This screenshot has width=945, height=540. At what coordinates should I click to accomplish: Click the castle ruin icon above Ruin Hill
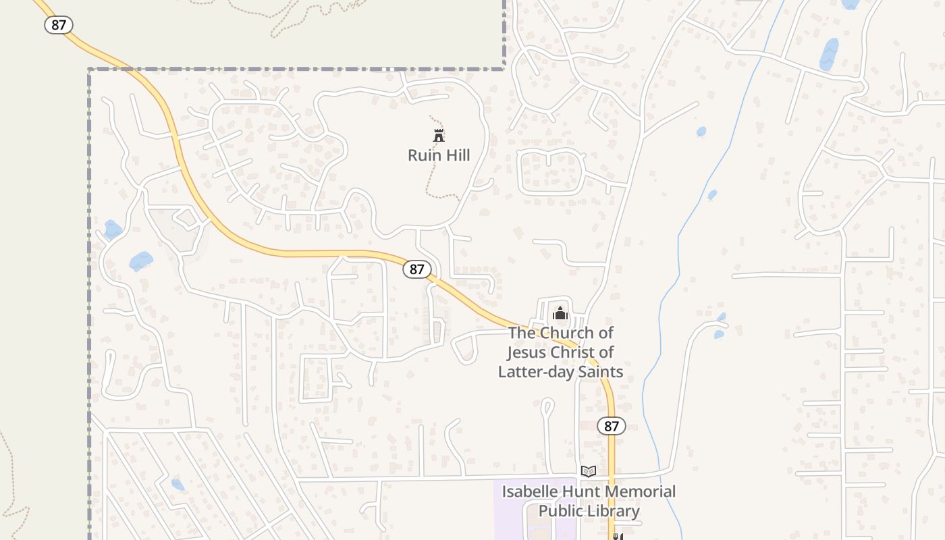[439, 135]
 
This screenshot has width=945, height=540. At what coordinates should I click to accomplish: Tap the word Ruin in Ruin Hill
[423, 155]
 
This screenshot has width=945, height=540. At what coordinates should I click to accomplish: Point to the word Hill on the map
[455, 155]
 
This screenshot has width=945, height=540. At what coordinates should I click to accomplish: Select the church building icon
[560, 313]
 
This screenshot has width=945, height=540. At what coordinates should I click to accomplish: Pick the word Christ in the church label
[576, 352]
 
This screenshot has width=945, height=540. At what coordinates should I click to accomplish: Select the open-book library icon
[589, 471]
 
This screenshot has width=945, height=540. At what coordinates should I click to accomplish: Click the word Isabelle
[530, 491]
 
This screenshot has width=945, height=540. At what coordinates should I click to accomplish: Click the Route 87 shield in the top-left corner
[59, 26]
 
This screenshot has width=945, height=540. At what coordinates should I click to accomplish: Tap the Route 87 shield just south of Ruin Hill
[417, 269]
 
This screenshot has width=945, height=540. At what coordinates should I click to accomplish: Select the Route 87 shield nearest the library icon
[612, 426]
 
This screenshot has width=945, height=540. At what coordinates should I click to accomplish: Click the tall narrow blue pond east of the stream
[829, 54]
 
